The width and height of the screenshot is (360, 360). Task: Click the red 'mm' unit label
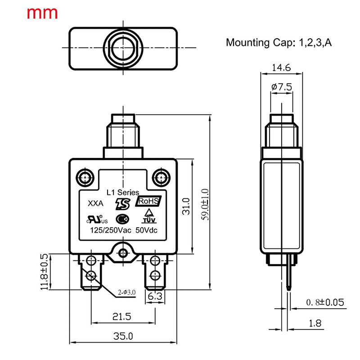point(42,13)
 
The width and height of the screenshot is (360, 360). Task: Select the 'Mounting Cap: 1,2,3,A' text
point(279,43)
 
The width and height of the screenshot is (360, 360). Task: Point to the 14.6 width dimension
point(281,68)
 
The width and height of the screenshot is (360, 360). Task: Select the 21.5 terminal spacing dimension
point(121,317)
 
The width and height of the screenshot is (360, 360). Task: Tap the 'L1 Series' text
point(122,192)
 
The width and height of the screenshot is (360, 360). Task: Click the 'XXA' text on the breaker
point(95,203)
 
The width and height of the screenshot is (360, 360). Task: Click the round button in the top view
point(122,48)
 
